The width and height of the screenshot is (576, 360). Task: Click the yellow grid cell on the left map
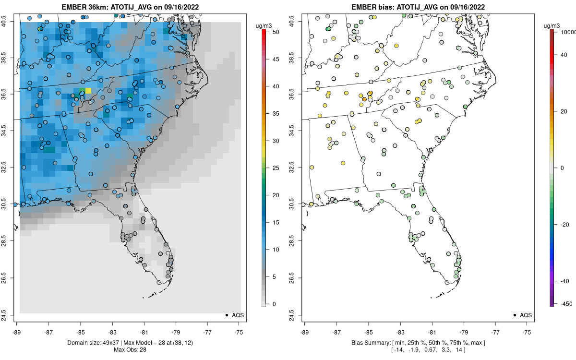tap(88, 91)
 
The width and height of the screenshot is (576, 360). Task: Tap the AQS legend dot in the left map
tap(226, 315)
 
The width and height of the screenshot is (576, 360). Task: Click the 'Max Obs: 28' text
tap(130, 349)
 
